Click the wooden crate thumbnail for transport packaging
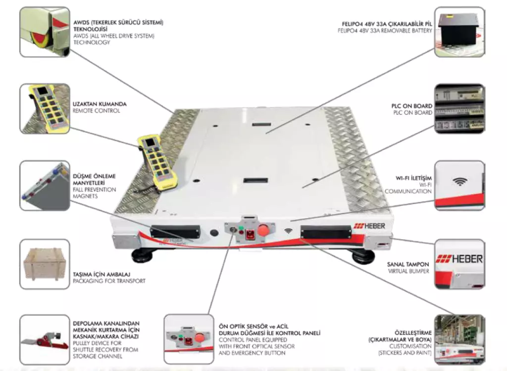click(x=45, y=264)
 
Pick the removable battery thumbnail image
click(x=459, y=32)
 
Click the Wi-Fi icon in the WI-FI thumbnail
click(x=460, y=182)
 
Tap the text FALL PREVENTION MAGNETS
click(x=94, y=193)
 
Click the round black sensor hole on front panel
click(x=214, y=232)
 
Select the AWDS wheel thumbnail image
click(x=45, y=32)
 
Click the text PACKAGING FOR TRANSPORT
click(x=109, y=281)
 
